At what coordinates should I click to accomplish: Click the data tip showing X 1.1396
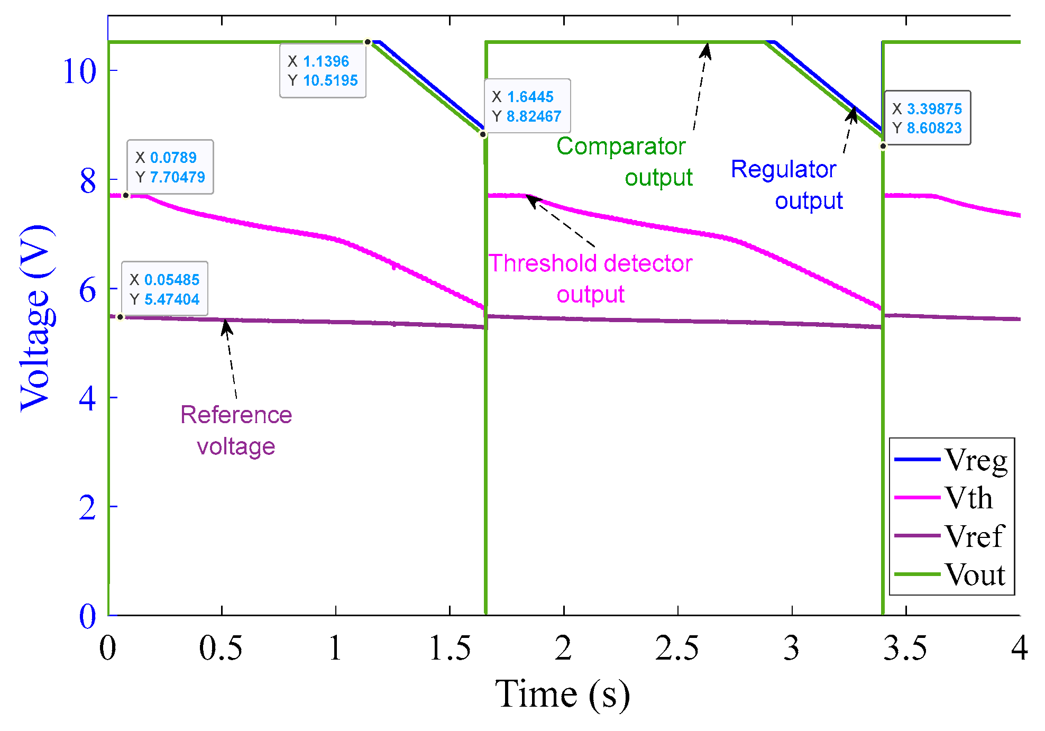(x=323, y=71)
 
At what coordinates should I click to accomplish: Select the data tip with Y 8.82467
(x=527, y=106)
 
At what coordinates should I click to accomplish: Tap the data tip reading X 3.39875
(x=927, y=118)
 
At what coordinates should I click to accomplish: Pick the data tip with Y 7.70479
(x=170, y=167)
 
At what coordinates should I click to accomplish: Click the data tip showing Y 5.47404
(x=164, y=289)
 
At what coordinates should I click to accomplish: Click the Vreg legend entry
(x=951, y=460)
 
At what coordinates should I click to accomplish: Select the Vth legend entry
(x=951, y=498)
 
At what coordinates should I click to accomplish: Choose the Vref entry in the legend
(x=951, y=536)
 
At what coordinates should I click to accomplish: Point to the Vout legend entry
(x=951, y=574)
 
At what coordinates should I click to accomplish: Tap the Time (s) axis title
(x=562, y=694)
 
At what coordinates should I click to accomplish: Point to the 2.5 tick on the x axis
(x=677, y=648)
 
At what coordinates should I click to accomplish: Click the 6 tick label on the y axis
(x=88, y=290)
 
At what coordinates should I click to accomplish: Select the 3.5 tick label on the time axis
(x=905, y=648)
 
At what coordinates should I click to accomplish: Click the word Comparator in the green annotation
(x=621, y=146)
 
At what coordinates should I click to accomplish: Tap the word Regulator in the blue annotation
(x=783, y=169)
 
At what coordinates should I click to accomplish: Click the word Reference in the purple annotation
(x=236, y=415)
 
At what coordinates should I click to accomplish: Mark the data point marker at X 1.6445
(x=483, y=134)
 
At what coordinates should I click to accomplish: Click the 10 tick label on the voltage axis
(x=80, y=71)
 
